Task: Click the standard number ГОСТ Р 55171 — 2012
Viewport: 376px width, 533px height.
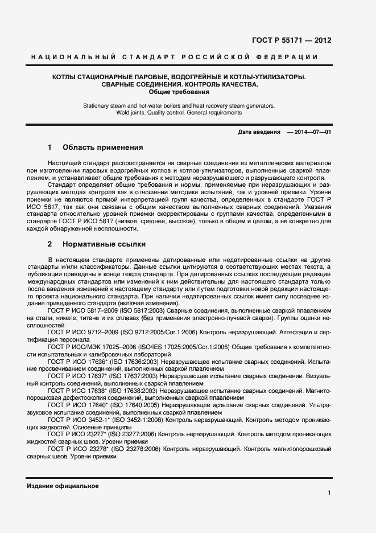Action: tap(291, 40)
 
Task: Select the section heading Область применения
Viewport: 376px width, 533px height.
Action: tap(102, 147)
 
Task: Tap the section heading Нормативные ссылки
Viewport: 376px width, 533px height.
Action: tap(104, 244)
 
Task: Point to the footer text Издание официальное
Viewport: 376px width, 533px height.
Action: tap(63, 486)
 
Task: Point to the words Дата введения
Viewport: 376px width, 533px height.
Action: tap(259, 132)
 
